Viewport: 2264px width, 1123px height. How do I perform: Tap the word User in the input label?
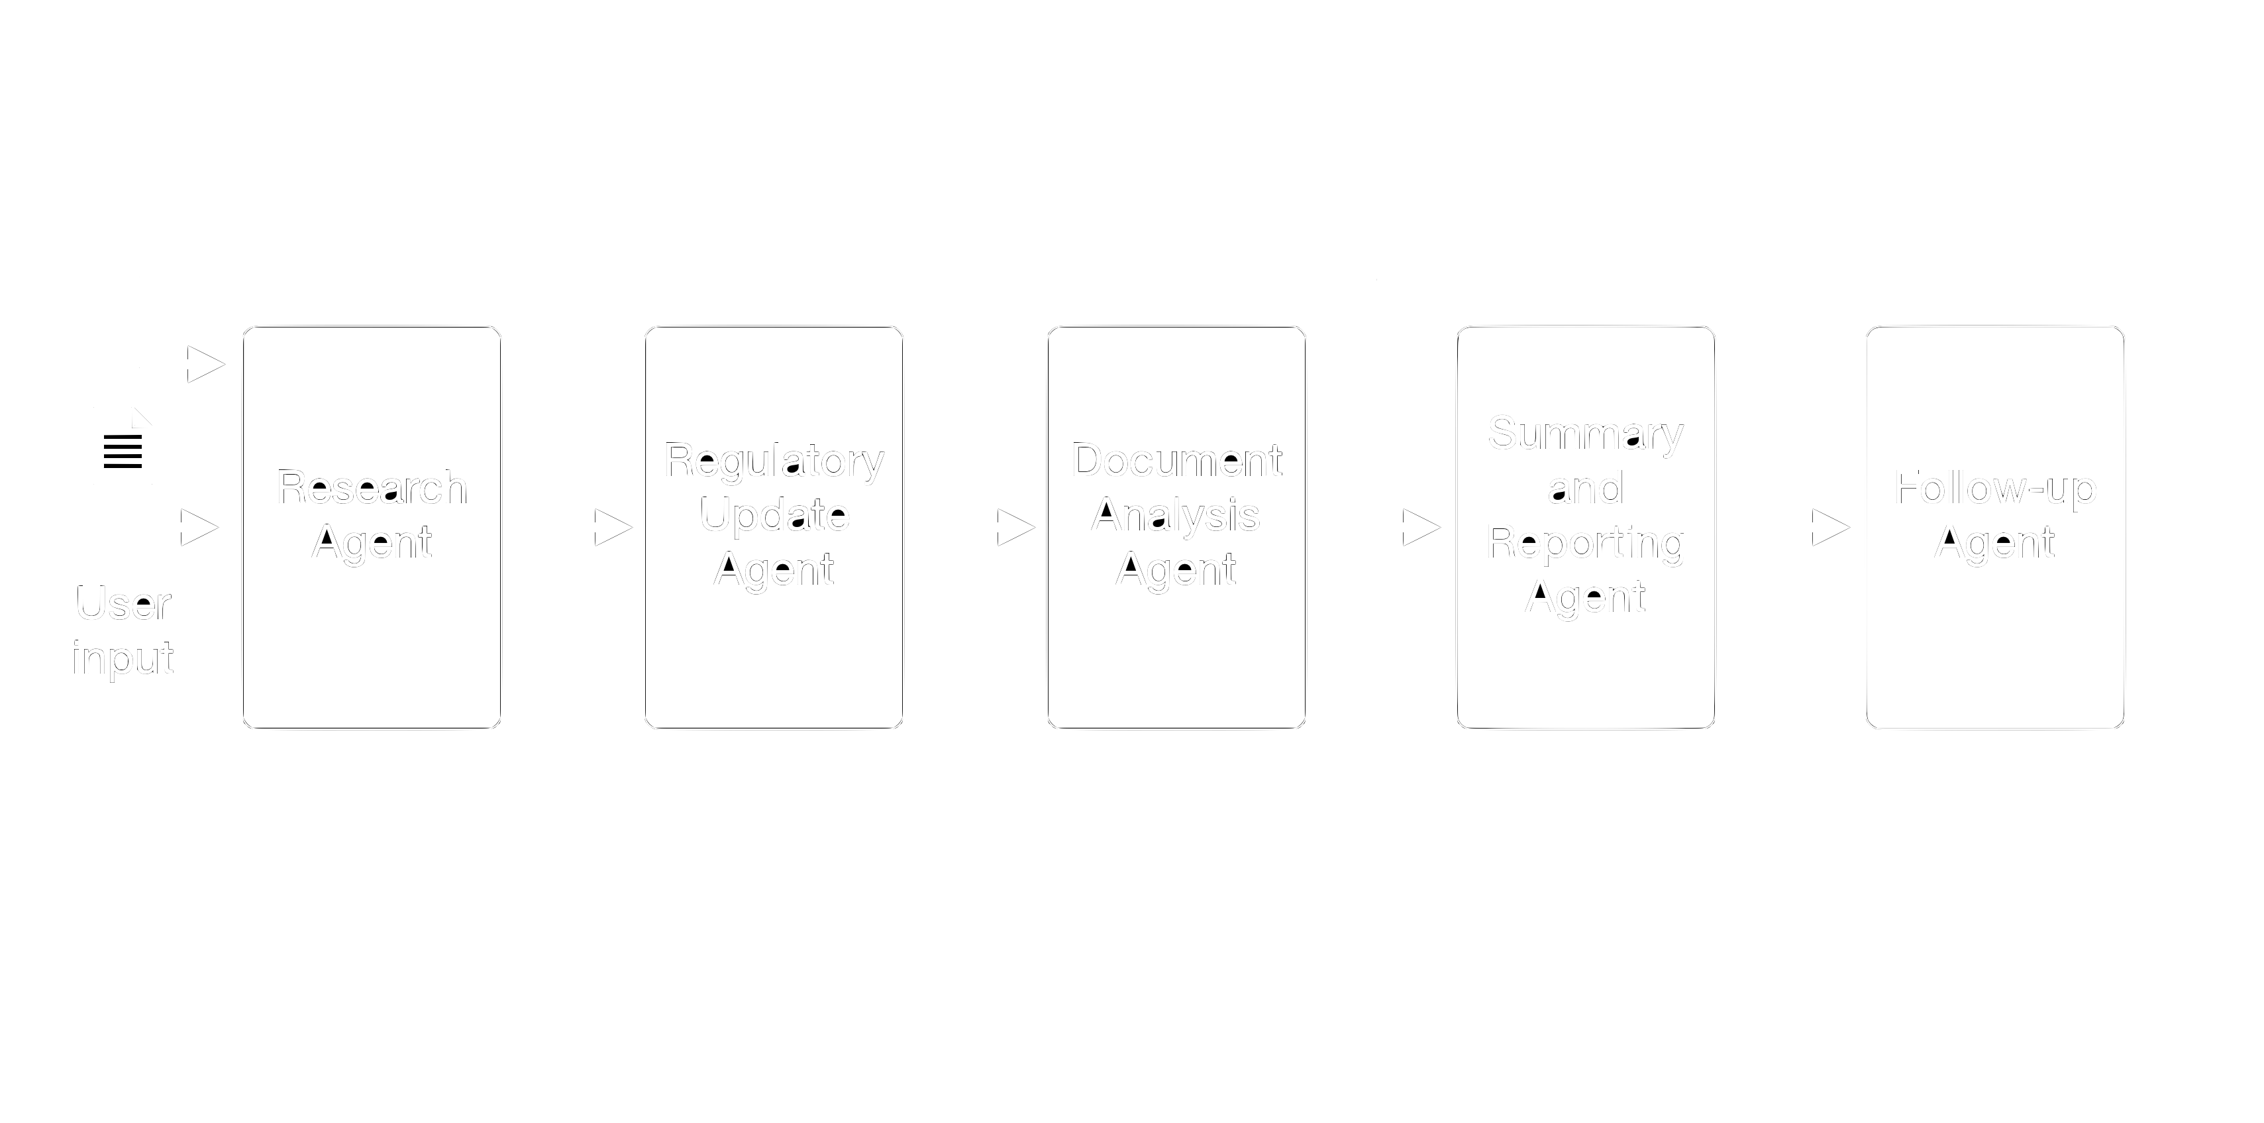click(x=123, y=604)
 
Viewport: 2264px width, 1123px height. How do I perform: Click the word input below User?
click(x=123, y=658)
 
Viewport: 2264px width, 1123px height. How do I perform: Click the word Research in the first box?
click(x=372, y=488)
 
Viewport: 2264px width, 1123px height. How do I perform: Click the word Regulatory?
click(x=774, y=461)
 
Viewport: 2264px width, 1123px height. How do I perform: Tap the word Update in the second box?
click(x=774, y=515)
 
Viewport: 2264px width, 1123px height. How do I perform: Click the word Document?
click(x=1176, y=461)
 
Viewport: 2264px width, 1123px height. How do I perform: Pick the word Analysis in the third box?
click(x=1176, y=515)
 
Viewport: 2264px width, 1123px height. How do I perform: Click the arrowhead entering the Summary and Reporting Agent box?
click(x=1420, y=528)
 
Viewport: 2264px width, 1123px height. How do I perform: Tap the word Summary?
click(x=1586, y=434)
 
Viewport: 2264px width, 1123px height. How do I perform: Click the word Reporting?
click(x=1586, y=542)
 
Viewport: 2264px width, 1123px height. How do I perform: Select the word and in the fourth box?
click(x=1586, y=488)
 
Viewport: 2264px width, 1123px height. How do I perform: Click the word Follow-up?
click(x=1995, y=488)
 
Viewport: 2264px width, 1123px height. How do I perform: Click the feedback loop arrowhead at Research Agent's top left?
click(x=207, y=363)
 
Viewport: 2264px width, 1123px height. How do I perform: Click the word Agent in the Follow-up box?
click(x=1995, y=542)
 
